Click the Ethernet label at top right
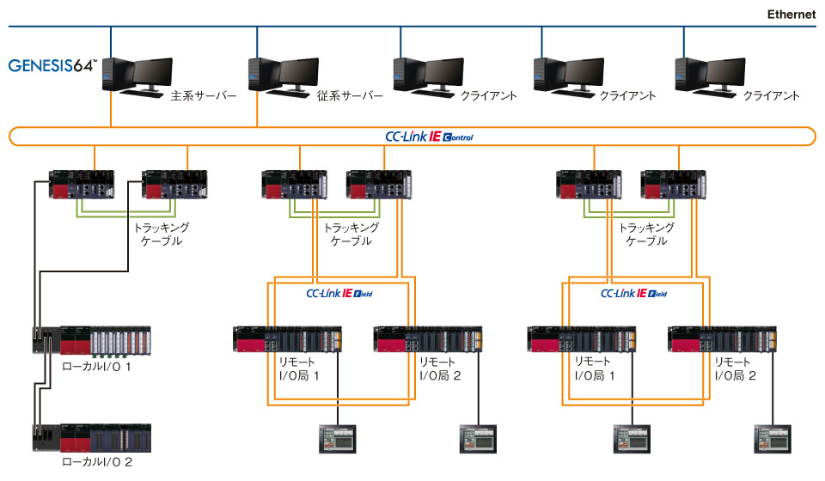tap(791, 14)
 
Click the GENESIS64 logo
tap(53, 65)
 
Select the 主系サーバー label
tap(204, 96)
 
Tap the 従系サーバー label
tap(350, 96)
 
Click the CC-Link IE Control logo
tap(429, 137)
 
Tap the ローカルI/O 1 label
tap(96, 367)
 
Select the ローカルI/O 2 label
tap(96, 462)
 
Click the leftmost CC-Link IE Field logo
tap(339, 293)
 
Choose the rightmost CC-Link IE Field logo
tap(633, 293)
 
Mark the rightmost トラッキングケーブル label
tap(646, 234)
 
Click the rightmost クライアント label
tap(771, 96)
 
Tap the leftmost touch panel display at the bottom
tap(332, 438)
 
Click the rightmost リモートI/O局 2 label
tap(736, 368)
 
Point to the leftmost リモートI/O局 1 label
tap(297, 368)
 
